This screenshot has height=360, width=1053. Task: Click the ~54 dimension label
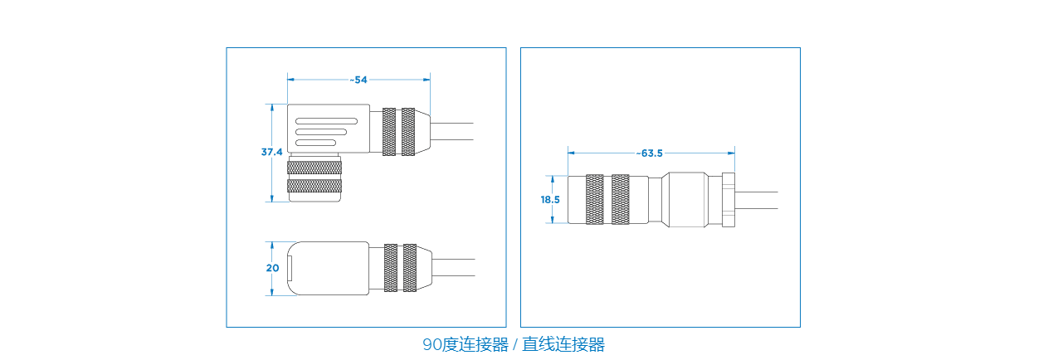tap(359, 80)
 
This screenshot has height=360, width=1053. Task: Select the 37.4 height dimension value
tap(271, 153)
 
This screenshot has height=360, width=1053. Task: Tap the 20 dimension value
tap(272, 268)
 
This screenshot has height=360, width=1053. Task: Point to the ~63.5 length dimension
tap(651, 153)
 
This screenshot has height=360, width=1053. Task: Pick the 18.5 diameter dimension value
tap(550, 199)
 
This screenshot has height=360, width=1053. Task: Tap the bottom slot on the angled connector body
tap(316, 143)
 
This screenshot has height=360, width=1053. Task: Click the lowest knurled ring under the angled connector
tap(314, 186)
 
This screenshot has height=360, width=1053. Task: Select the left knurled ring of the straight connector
tap(594, 200)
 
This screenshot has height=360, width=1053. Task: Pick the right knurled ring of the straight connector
tap(619, 200)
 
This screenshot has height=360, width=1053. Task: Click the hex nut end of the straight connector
tap(729, 200)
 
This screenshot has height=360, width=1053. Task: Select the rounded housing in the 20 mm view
tap(328, 268)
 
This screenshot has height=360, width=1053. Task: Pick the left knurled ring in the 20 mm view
tap(389, 268)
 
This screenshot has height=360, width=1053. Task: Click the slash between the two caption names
tap(514, 344)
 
